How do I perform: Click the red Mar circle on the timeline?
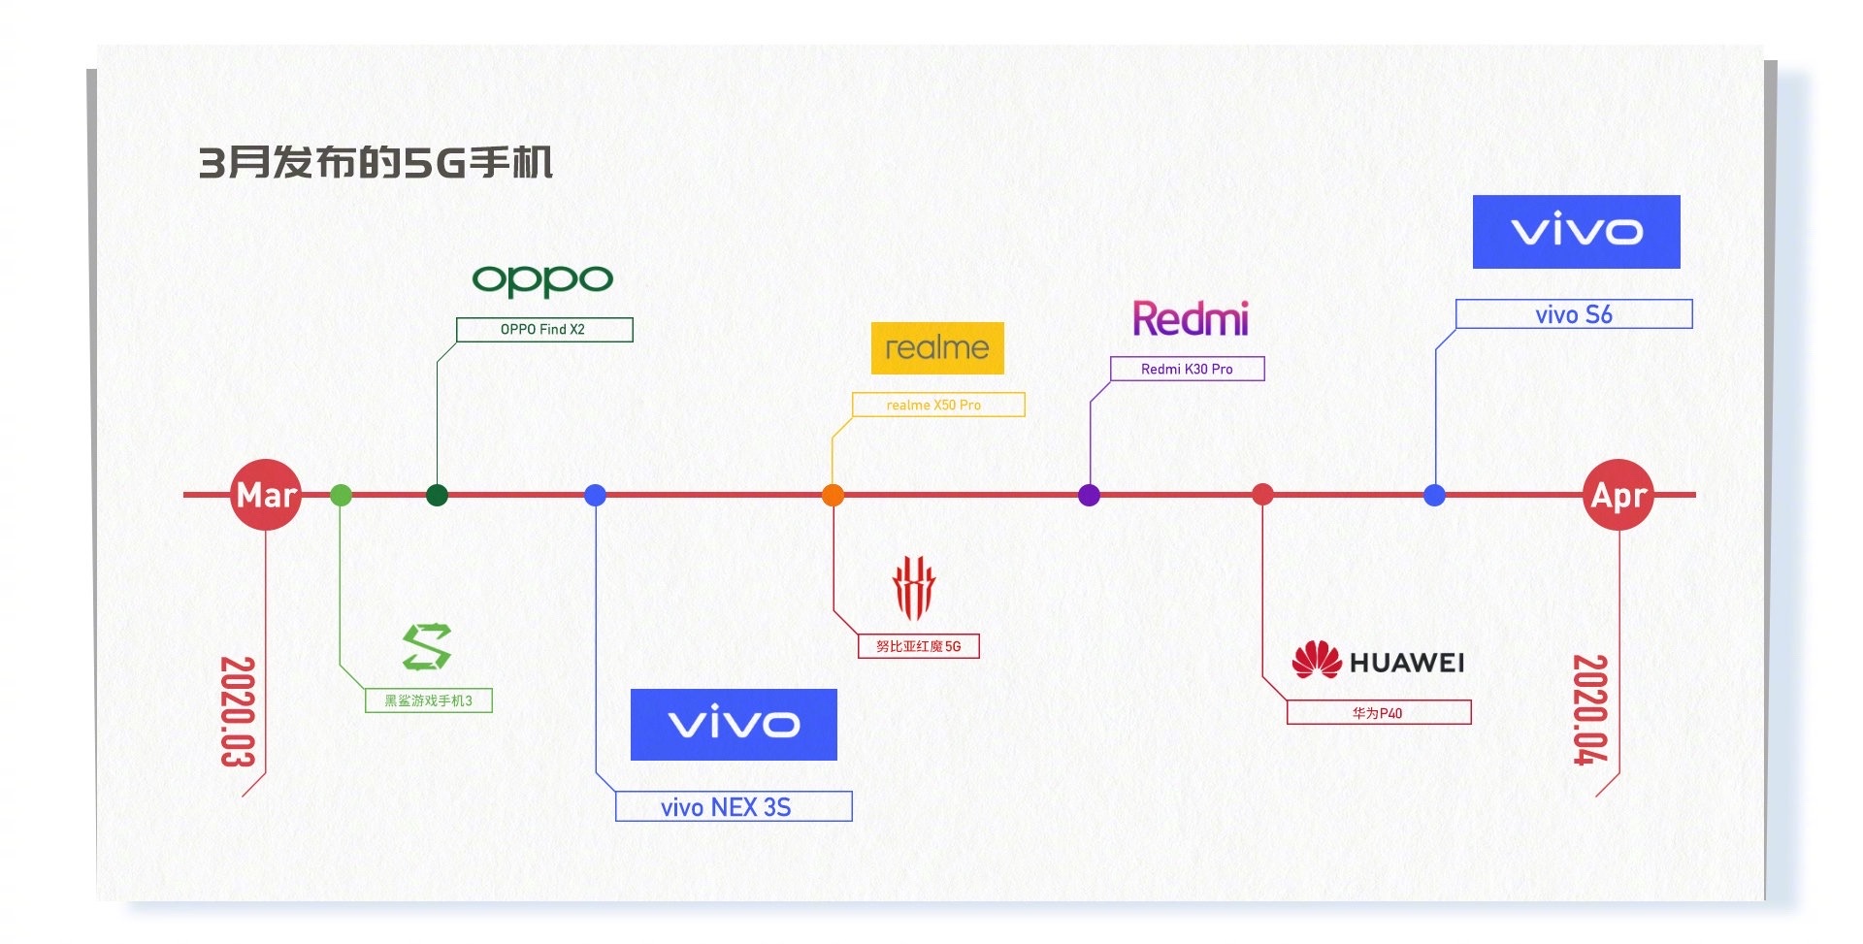pos(265,495)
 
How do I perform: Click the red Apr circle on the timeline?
pos(1618,495)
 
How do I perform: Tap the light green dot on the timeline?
pos(341,495)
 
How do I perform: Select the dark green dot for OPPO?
pos(437,495)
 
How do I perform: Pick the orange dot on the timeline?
pos(833,495)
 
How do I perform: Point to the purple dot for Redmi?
pos(1089,495)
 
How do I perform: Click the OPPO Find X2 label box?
pos(543,330)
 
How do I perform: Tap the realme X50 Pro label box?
pos(937,405)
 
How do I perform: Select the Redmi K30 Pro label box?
pos(1187,369)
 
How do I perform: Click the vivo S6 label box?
pos(1573,314)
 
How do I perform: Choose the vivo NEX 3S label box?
pos(734,806)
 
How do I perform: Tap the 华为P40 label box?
pos(1378,713)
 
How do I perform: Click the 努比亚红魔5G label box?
pos(918,646)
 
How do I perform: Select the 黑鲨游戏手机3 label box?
pos(428,700)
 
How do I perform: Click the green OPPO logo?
pos(542,280)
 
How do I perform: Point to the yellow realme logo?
pos(937,347)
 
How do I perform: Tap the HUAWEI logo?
pos(1378,662)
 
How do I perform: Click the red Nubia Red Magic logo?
pos(913,588)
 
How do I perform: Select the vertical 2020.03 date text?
pos(237,711)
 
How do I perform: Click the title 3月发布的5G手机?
pos(376,162)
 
